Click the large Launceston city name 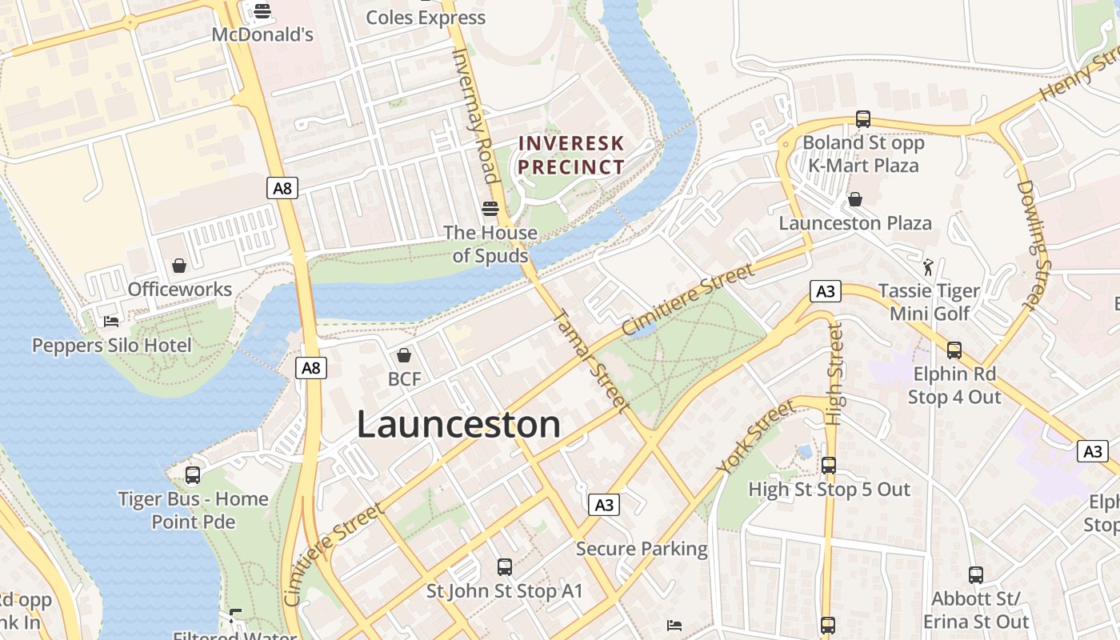click(x=458, y=424)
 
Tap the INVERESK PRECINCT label click(x=571, y=155)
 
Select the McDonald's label click(x=262, y=35)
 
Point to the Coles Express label click(x=426, y=17)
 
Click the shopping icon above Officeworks click(x=179, y=265)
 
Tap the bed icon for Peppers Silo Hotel click(x=111, y=322)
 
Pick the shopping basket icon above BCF click(x=404, y=354)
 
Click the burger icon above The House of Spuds click(x=490, y=209)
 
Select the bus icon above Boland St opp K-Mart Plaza click(x=862, y=119)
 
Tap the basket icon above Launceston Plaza click(x=855, y=199)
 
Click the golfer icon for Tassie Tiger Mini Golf click(x=928, y=266)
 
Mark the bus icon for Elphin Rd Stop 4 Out click(x=954, y=350)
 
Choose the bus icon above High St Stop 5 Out click(x=829, y=465)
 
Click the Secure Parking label click(x=642, y=549)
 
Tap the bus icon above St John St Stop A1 click(x=504, y=567)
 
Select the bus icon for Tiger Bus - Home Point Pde click(x=193, y=475)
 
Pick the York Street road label click(x=755, y=437)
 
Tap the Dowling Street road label click(x=1038, y=244)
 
